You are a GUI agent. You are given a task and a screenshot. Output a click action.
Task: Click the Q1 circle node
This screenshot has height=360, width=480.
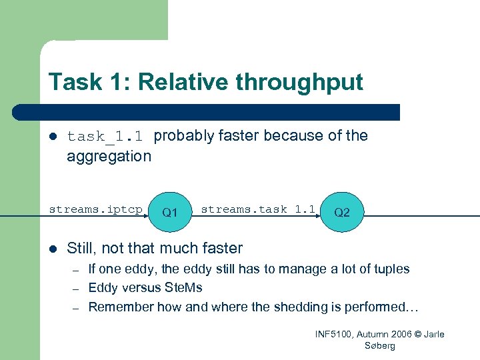click(170, 212)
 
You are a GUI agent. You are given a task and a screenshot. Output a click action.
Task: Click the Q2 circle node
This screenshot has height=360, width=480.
click(342, 212)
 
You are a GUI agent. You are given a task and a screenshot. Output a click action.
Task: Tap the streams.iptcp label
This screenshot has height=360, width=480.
click(95, 209)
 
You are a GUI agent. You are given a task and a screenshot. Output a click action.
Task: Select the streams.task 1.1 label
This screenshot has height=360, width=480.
click(258, 209)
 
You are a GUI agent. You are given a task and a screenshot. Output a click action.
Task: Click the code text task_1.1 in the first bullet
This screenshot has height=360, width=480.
click(105, 137)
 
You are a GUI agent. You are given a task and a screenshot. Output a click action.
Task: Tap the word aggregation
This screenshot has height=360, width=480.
click(109, 157)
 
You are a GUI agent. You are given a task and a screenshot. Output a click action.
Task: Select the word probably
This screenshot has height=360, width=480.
click(184, 136)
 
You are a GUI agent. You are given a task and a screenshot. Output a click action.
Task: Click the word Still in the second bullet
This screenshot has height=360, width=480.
click(81, 249)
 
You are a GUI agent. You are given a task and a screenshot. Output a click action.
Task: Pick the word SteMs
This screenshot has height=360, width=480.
click(182, 288)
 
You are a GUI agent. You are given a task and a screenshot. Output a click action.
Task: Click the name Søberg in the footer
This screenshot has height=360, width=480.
click(380, 345)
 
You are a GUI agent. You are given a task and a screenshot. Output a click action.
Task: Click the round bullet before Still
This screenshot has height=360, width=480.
click(53, 249)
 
